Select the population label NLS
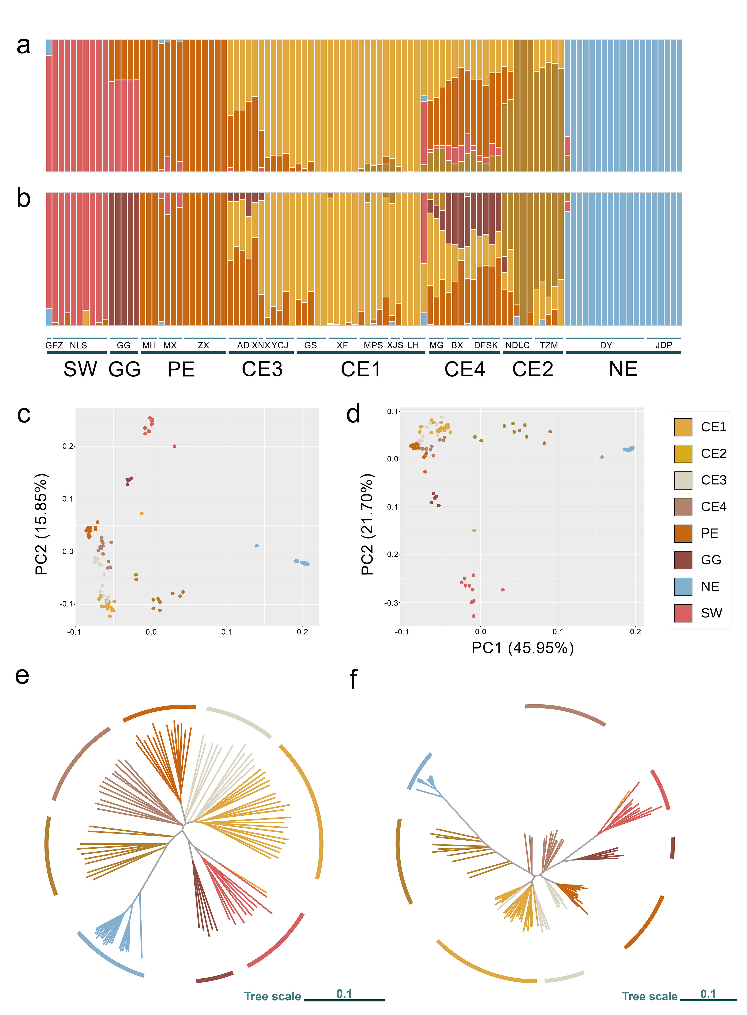[x=78, y=345]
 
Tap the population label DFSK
[x=486, y=345]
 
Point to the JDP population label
[x=664, y=345]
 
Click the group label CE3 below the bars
[x=262, y=369]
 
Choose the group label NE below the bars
[x=623, y=369]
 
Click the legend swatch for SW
[x=683, y=613]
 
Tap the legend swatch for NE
[x=683, y=587]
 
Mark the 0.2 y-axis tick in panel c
[x=68, y=446]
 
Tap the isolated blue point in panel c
[x=257, y=545]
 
